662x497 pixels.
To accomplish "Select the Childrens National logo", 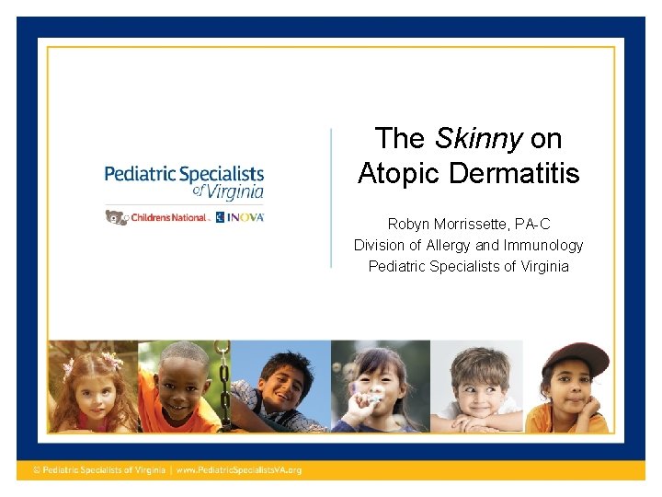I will point(169,217).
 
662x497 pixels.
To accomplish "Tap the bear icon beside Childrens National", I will point(115,217).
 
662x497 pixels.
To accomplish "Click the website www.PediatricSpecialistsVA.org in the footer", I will point(239,470).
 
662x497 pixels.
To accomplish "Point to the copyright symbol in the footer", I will point(37,470).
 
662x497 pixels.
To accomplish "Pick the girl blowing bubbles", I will point(377,387).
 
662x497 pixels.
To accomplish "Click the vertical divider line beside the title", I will point(331,198).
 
